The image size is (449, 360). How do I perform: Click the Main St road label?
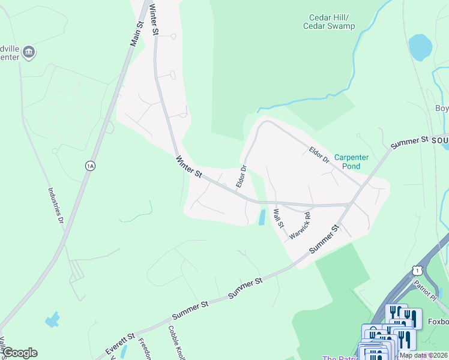pyautogui.click(x=137, y=34)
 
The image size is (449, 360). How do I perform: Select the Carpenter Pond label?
pyautogui.click(x=360, y=161)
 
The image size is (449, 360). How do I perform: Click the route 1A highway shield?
pyautogui.click(x=90, y=166)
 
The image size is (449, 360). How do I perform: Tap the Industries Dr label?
pyautogui.click(x=56, y=205)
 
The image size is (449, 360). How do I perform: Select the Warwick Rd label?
pyautogui.click(x=300, y=226)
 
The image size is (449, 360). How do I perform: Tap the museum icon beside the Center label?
pyautogui.click(x=29, y=53)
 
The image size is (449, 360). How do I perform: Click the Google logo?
pyautogui.click(x=20, y=353)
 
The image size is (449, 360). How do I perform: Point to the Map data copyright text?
pyautogui.click(x=423, y=355)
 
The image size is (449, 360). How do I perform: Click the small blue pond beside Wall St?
pyautogui.click(x=262, y=217)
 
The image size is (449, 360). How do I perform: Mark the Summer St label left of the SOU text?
pyautogui.click(x=409, y=143)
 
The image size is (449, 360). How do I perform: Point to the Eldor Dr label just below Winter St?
pyautogui.click(x=241, y=176)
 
